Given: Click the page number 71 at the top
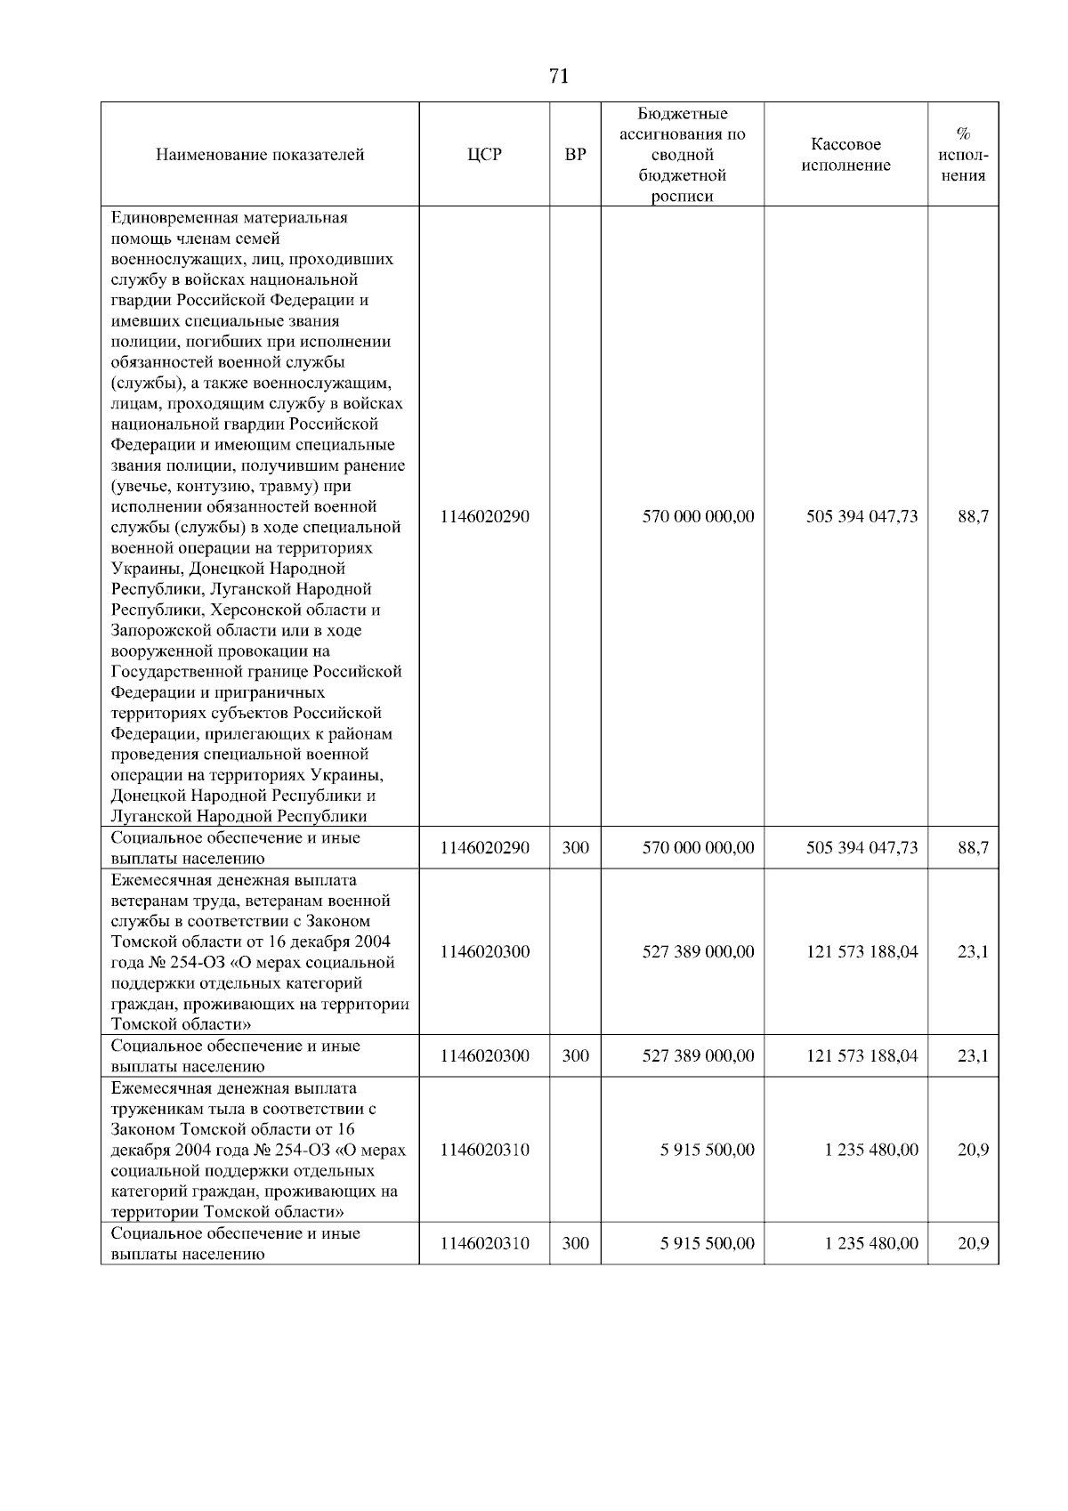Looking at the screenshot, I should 559,77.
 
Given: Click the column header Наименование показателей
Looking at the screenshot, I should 260,155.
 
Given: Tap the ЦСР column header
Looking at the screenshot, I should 484,155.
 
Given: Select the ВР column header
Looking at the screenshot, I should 576,155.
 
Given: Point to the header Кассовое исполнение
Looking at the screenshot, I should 845,155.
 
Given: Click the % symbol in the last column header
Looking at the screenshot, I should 963,134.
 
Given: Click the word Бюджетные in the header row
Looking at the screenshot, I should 683,114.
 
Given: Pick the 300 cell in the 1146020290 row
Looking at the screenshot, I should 576,848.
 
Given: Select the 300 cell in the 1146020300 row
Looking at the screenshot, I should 576,1056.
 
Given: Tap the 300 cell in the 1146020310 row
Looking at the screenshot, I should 576,1243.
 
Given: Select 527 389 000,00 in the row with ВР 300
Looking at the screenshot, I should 698,1056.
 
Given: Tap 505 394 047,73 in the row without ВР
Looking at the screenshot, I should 861,517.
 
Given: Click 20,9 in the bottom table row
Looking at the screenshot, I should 973,1243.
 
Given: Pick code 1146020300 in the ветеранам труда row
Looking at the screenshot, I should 484,952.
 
